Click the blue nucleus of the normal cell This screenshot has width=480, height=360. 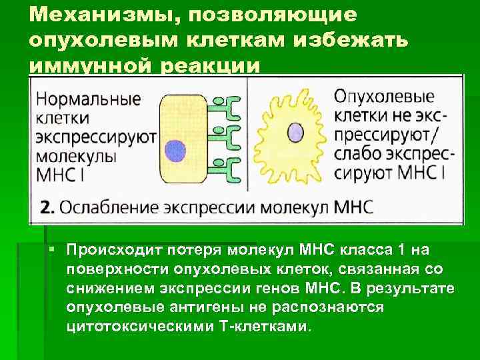click(176, 149)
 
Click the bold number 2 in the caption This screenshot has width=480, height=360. click(45, 206)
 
